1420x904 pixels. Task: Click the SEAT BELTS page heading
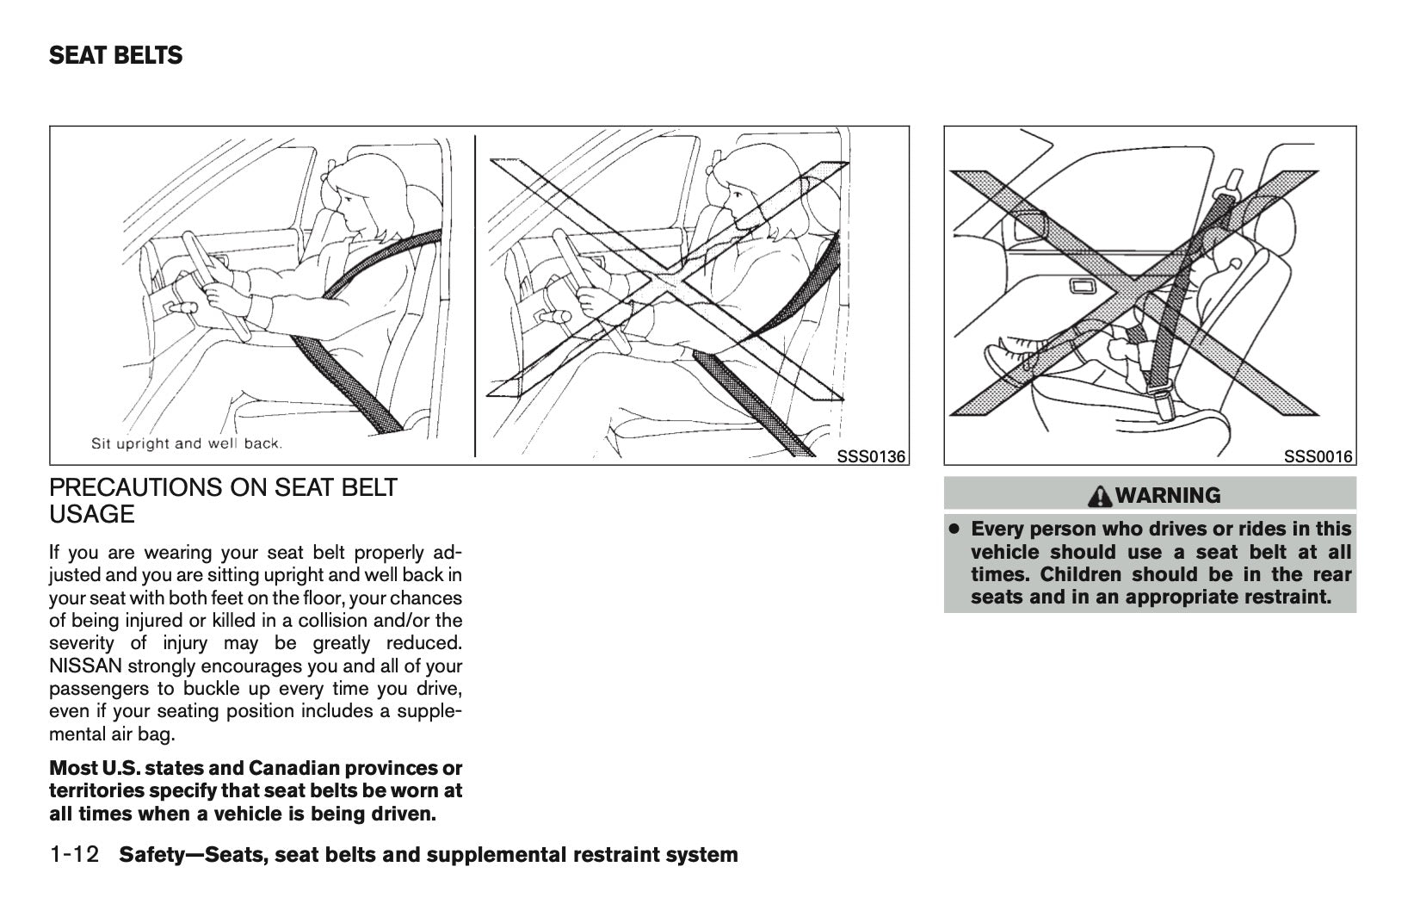pos(115,56)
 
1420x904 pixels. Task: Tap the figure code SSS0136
pos(871,456)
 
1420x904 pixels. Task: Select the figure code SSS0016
pos(1318,456)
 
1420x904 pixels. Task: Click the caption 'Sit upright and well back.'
pos(187,444)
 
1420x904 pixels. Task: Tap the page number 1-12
pos(76,855)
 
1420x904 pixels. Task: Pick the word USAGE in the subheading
pos(92,515)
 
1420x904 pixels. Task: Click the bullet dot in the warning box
pos(954,528)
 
